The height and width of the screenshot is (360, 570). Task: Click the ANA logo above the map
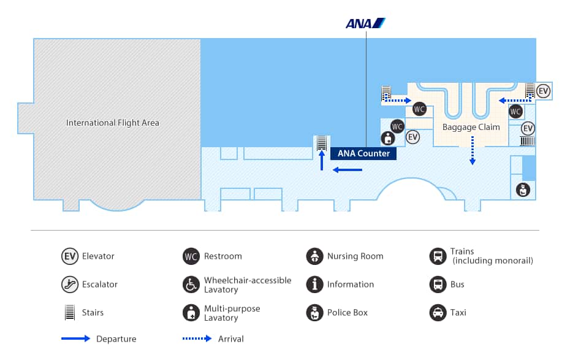(365, 23)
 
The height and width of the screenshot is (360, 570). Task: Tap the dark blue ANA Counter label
(363, 153)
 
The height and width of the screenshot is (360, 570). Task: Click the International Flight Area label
(113, 123)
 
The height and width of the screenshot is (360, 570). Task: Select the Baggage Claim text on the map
(471, 127)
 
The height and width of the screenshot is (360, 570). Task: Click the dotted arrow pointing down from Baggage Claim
(473, 151)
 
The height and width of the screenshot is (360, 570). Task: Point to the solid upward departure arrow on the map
(321, 161)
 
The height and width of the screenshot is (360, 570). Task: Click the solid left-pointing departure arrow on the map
(347, 170)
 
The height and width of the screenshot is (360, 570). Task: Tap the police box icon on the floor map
(523, 190)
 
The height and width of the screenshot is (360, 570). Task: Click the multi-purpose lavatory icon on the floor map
(387, 138)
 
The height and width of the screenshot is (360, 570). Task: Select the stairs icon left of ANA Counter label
(321, 143)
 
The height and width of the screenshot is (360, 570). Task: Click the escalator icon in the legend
(69, 285)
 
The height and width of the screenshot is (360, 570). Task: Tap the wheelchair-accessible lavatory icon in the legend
(191, 285)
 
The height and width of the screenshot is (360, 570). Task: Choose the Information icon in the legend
(314, 285)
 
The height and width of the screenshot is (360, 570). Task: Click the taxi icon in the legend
(438, 313)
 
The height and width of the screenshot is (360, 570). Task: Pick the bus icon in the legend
(438, 285)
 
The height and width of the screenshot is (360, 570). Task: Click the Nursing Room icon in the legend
(314, 256)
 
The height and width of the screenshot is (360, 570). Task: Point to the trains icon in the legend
(438, 256)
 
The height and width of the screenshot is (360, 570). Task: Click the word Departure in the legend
(116, 339)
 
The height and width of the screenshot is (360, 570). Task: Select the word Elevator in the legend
(98, 256)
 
